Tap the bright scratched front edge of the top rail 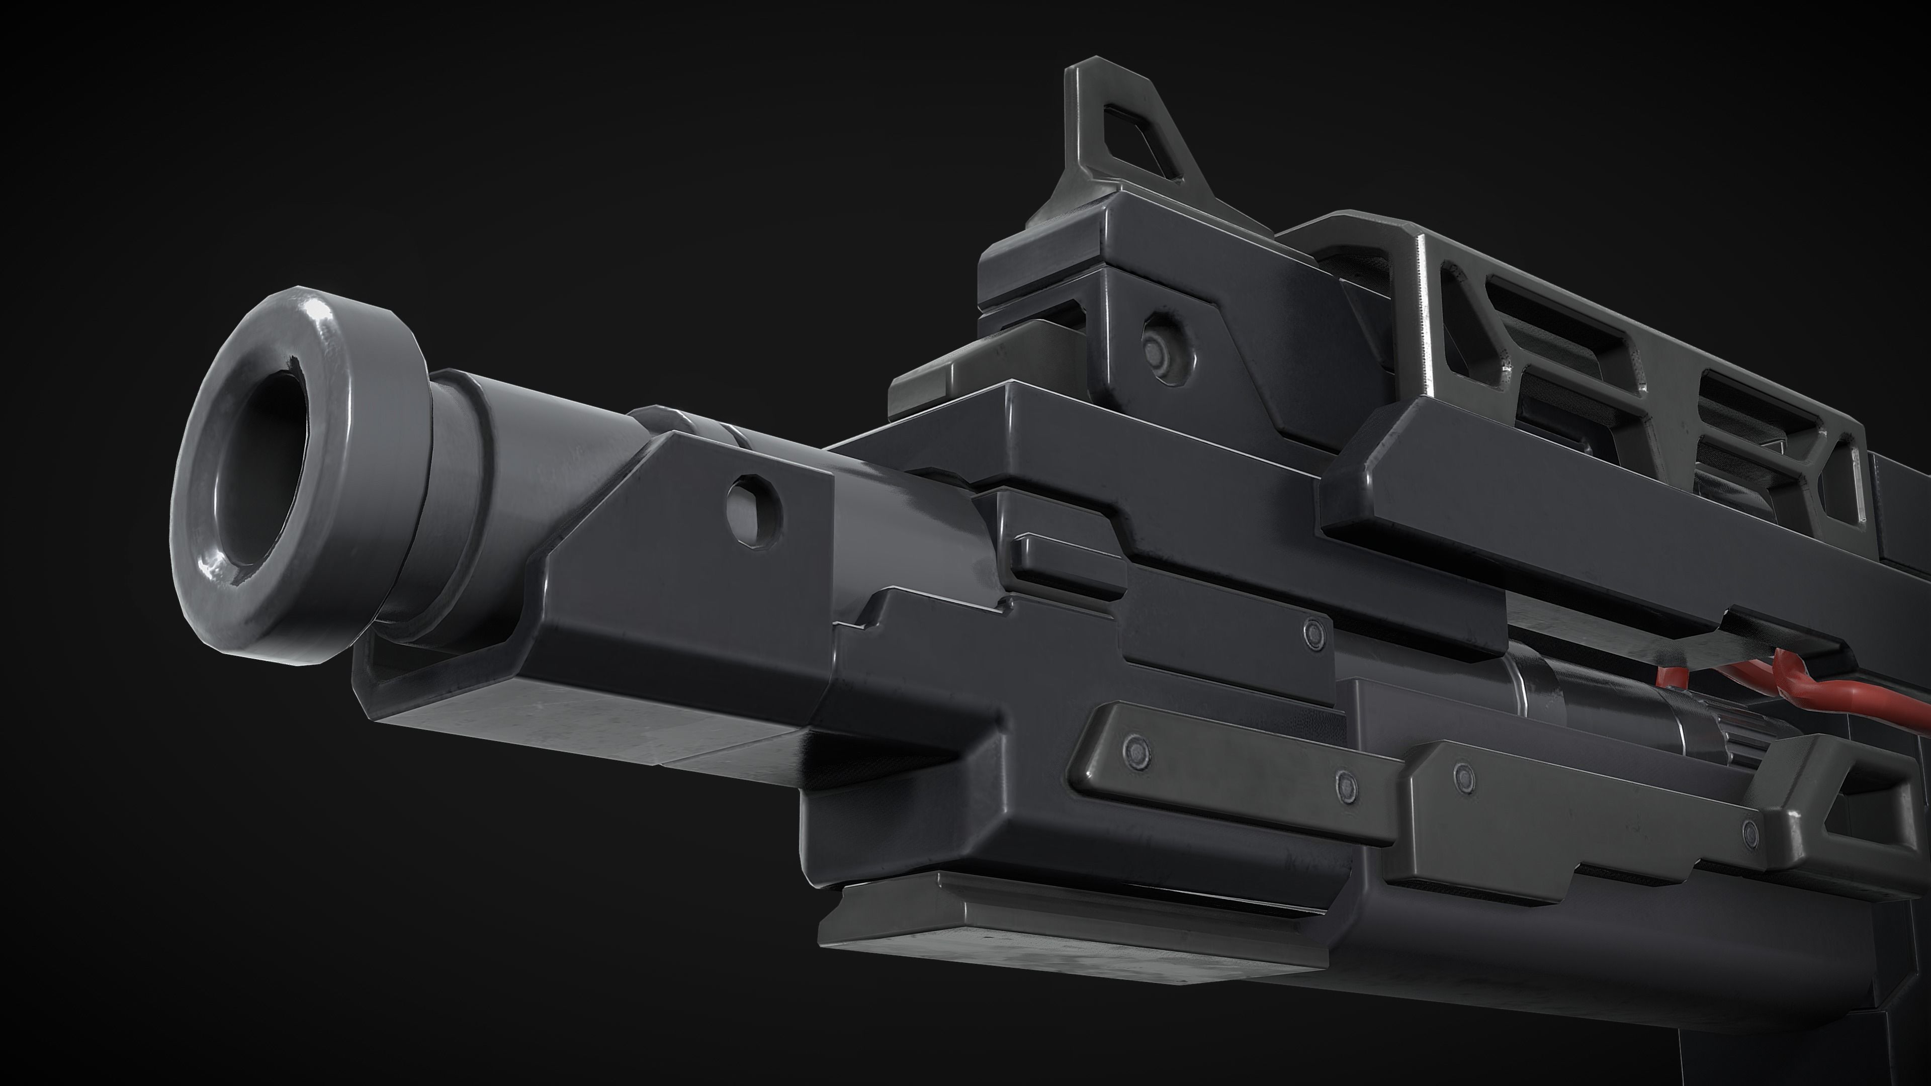[1422, 315]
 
